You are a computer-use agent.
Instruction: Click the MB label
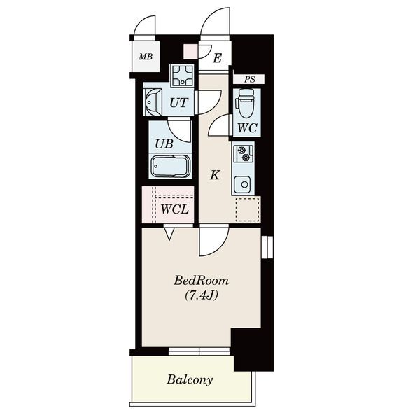coord(146,57)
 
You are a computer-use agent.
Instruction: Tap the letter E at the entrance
coord(217,58)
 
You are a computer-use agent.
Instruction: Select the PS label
coord(250,79)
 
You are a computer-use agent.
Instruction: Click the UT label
coord(179,103)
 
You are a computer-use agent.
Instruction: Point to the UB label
coord(164,143)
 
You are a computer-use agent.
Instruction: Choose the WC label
coord(247,128)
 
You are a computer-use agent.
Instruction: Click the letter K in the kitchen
coord(215,175)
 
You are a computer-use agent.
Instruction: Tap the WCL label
coord(174,209)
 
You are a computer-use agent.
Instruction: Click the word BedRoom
coord(202,281)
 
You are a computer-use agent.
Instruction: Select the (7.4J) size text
coord(202,295)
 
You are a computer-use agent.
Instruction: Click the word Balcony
coord(190,380)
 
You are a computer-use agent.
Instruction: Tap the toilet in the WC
coord(246,103)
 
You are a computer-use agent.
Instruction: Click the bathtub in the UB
coord(170,166)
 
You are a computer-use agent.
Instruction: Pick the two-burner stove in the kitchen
coord(243,154)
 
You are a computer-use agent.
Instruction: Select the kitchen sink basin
coord(242,184)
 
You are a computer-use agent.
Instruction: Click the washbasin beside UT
coord(153,102)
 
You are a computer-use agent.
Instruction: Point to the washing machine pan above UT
coord(183,76)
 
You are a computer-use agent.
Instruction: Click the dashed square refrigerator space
coord(248,210)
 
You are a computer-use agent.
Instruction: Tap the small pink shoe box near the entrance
coord(190,51)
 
